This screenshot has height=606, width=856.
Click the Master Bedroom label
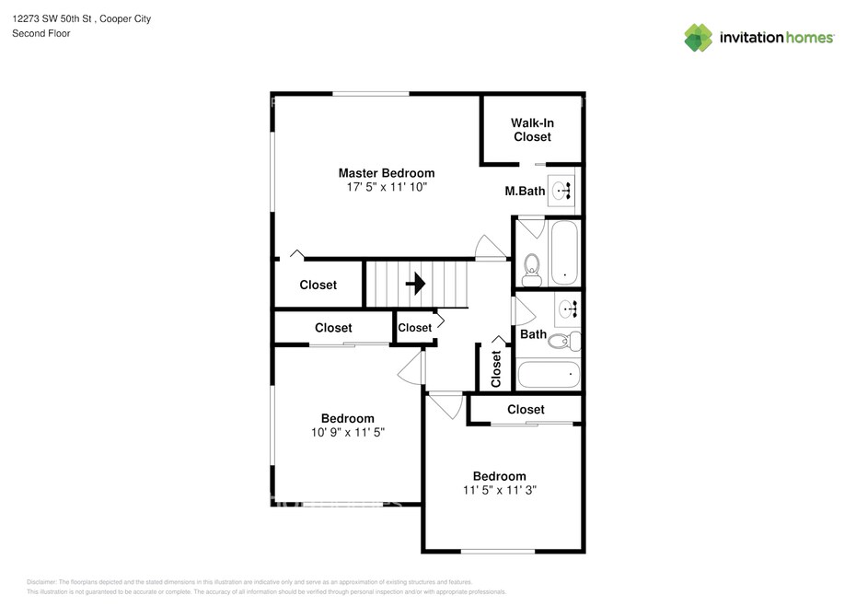(387, 173)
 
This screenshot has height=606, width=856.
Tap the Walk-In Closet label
(532, 130)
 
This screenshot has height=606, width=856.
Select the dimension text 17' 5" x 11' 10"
(387, 187)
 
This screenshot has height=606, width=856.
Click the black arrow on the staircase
(415, 284)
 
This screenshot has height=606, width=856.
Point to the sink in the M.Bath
(561, 191)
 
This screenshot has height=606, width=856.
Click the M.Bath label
(525, 192)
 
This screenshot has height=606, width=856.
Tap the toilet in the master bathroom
(531, 270)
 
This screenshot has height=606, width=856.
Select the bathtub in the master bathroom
(564, 252)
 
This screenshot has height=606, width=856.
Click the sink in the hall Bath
(568, 309)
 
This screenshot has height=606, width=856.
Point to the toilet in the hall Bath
(564, 342)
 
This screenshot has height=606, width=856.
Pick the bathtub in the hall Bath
(548, 374)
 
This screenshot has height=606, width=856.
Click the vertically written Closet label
(496, 368)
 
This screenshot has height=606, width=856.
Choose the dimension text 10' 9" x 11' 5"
(348, 432)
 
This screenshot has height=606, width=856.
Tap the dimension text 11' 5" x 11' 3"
(500, 490)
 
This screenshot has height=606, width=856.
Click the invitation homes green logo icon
(699, 38)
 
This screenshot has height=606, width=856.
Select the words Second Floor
(40, 33)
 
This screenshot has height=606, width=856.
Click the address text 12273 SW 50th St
(52, 18)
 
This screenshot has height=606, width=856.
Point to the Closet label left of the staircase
(318, 285)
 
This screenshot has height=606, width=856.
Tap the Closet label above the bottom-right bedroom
(526, 409)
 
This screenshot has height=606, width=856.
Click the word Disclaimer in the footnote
(41, 582)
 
